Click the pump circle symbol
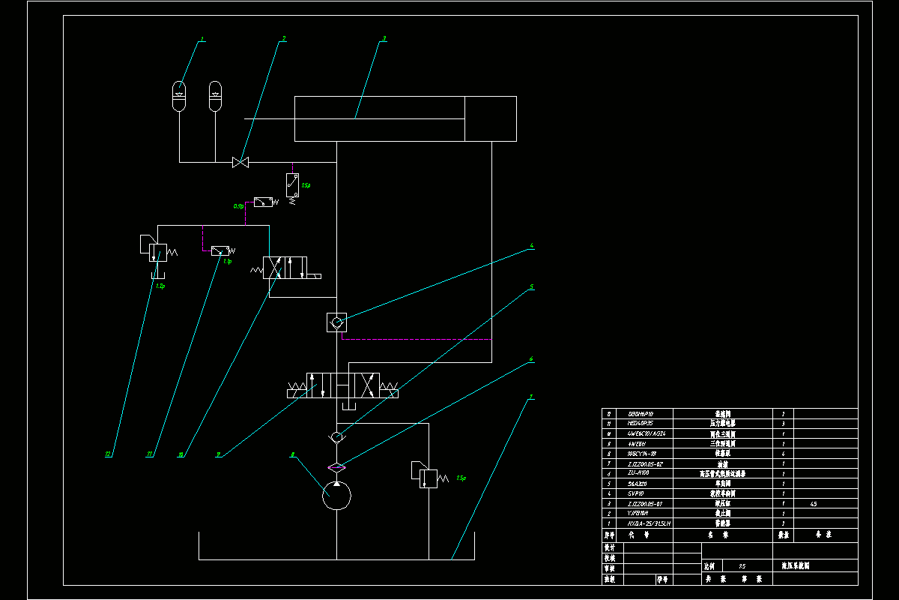tap(336, 496)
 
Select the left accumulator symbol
tap(180, 95)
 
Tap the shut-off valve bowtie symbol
tap(241, 162)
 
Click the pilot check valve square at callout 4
tap(336, 322)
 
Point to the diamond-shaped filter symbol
tap(336, 466)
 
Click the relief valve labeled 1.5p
tap(425, 475)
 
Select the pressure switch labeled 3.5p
tap(292, 181)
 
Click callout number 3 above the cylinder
tap(384, 37)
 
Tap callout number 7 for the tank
tap(531, 397)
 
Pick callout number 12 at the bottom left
tap(109, 454)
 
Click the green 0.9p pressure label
tap(239, 205)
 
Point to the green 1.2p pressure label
tap(160, 286)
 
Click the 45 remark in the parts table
tap(814, 504)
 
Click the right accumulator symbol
tap(216, 95)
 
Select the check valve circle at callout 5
tap(336, 436)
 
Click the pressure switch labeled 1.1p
tap(220, 250)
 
